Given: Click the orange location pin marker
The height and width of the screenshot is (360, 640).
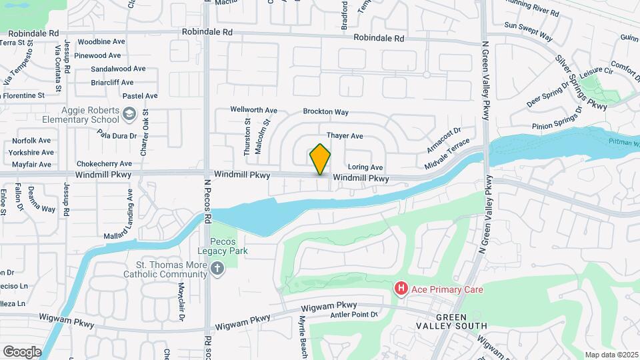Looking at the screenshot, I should (x=320, y=159).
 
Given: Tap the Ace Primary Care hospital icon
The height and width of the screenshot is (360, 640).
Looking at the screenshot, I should (x=401, y=289).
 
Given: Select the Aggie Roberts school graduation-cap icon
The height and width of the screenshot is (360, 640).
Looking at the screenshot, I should (x=129, y=115).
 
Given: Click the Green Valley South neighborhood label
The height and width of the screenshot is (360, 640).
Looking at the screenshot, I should (x=460, y=321).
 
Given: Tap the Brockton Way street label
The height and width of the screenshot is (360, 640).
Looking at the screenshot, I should (x=325, y=112).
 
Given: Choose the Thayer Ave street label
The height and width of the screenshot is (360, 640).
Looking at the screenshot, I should (x=344, y=136).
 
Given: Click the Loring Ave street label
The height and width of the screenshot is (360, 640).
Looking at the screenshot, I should (x=365, y=167).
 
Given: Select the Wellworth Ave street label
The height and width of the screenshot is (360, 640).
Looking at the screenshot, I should (x=253, y=110).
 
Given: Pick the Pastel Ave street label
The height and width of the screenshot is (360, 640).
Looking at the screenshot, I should (x=141, y=96).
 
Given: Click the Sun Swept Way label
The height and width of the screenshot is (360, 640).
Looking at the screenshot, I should (x=528, y=31).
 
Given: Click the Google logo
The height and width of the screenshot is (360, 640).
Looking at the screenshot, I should (x=21, y=351).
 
